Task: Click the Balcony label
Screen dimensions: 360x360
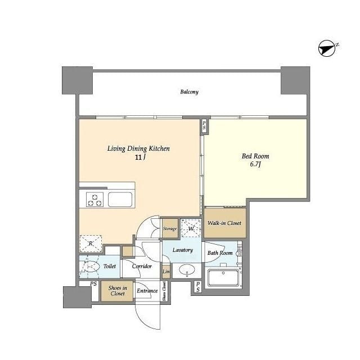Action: tap(189, 92)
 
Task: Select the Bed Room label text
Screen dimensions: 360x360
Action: tap(255, 156)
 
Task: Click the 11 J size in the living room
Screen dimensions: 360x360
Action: tap(141, 157)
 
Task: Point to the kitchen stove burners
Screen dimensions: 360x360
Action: tap(94, 200)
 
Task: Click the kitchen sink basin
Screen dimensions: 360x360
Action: tap(120, 200)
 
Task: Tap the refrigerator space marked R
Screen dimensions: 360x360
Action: tap(91, 244)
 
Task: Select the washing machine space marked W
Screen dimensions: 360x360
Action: tap(191, 228)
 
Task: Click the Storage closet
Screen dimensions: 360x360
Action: tap(170, 228)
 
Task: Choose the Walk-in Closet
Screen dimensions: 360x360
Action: tap(225, 223)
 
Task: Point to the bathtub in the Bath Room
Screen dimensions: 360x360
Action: tap(223, 277)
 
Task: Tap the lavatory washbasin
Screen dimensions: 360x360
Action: tap(187, 270)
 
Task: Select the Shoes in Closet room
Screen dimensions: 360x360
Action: tap(118, 291)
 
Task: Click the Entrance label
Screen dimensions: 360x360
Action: tap(147, 291)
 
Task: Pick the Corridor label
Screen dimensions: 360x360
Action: tap(142, 266)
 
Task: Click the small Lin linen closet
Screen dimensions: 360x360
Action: tap(166, 272)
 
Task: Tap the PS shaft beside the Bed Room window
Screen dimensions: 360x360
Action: tap(204, 125)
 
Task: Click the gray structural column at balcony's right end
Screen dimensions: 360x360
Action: tap(295, 80)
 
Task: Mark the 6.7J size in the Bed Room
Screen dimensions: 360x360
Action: tap(255, 164)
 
